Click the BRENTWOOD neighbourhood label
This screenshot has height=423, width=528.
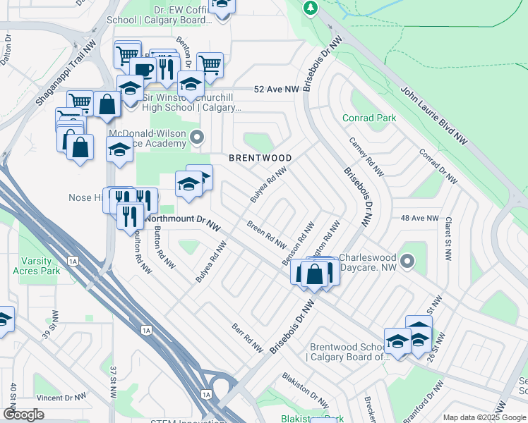[x=260, y=158]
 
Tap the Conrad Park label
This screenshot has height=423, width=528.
[x=369, y=118]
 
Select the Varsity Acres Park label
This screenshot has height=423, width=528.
[x=40, y=266]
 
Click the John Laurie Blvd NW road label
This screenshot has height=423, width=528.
[x=436, y=114]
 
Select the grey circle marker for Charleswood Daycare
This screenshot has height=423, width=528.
[x=407, y=262]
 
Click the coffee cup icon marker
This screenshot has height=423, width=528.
[x=143, y=70]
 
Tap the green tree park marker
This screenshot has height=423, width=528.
[x=309, y=8]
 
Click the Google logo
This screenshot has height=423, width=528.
[x=23, y=415]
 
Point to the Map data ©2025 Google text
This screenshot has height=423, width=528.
[x=484, y=417]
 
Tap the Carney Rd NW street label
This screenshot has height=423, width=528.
[x=366, y=157]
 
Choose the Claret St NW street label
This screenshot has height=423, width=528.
[x=448, y=238]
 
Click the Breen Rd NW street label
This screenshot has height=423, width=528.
[x=266, y=235]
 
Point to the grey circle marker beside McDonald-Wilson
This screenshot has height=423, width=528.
[x=198, y=137]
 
